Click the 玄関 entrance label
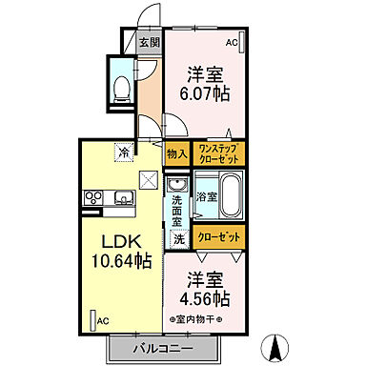coord(148,42)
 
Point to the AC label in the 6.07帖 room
coord(232,43)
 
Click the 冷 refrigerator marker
coord(124,150)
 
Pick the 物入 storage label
coord(176,152)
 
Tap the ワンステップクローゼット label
coord(219,152)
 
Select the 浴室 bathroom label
coord(206,196)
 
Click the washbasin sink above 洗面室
coord(175,185)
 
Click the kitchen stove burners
coord(93,198)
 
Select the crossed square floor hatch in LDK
coord(148,176)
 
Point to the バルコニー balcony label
coord(158,348)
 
